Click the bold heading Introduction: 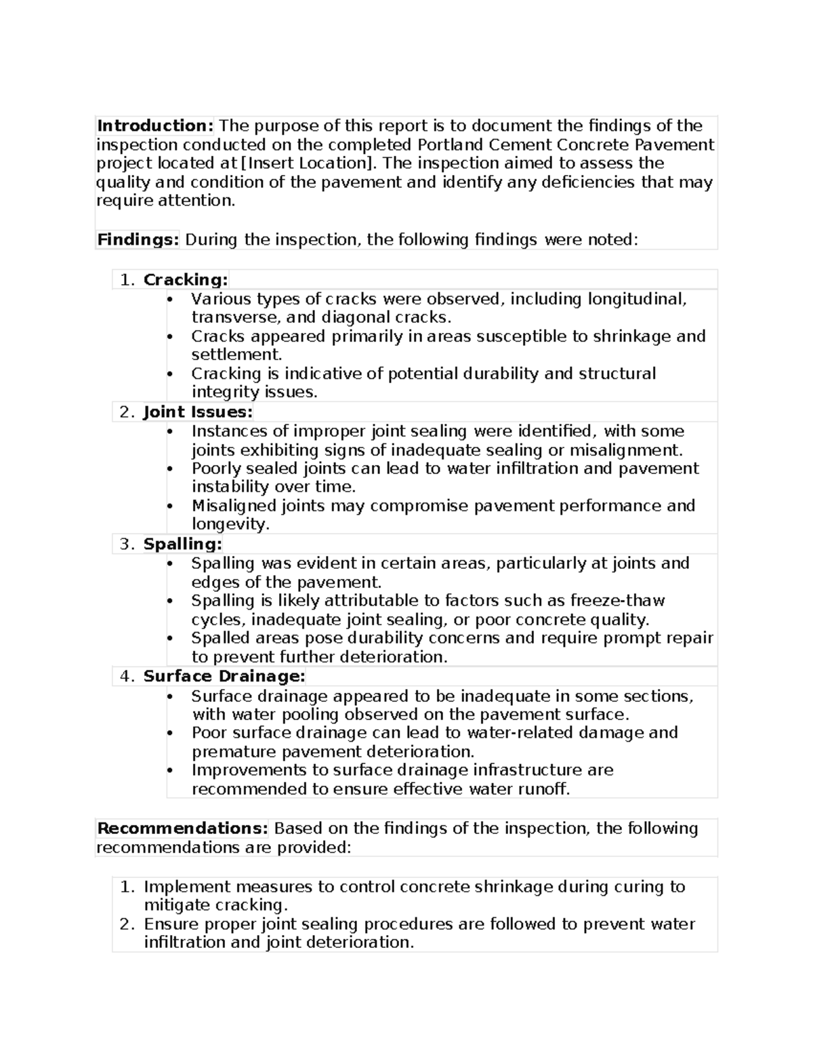(155, 125)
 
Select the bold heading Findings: (138, 239)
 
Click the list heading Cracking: (186, 279)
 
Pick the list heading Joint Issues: (198, 412)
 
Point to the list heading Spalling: (182, 544)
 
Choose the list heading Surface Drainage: (224, 676)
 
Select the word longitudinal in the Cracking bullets (637, 299)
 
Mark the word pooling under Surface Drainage (310, 715)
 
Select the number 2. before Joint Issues (127, 412)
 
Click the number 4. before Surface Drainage (127, 677)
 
